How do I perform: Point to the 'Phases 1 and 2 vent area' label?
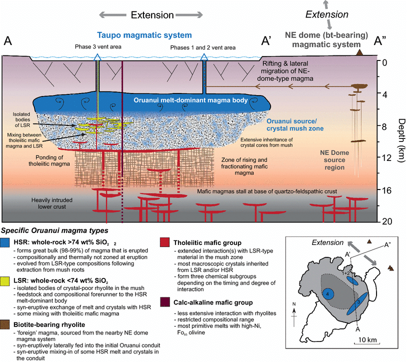(204, 47)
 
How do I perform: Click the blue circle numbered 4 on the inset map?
(325, 295)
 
